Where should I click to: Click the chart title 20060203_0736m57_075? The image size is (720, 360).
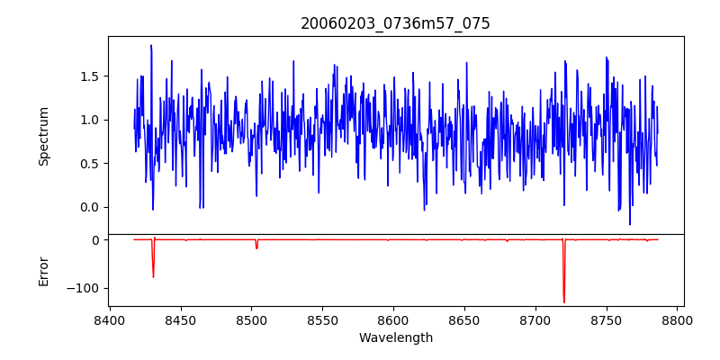(x=395, y=23)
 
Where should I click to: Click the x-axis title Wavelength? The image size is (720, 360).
(x=395, y=337)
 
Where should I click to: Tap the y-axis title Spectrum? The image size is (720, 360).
(x=43, y=136)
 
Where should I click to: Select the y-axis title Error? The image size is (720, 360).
(x=43, y=271)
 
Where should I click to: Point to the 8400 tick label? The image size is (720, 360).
(x=109, y=319)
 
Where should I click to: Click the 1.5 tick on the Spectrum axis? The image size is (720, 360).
(x=90, y=76)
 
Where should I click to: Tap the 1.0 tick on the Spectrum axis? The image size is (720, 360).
(x=90, y=120)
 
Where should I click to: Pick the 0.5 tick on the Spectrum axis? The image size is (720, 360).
(x=90, y=164)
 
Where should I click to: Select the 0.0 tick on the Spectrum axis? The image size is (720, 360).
(x=90, y=207)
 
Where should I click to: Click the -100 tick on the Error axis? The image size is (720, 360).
(x=85, y=288)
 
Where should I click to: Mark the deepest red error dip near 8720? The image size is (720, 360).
(x=563, y=301)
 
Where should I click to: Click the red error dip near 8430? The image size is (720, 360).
(x=153, y=276)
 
